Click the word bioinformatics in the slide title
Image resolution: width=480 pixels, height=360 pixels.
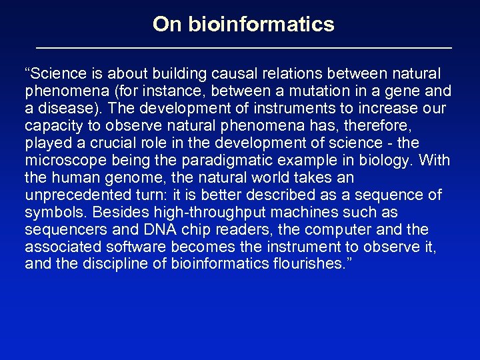(x=261, y=25)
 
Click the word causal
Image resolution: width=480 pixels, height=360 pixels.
(x=242, y=73)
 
